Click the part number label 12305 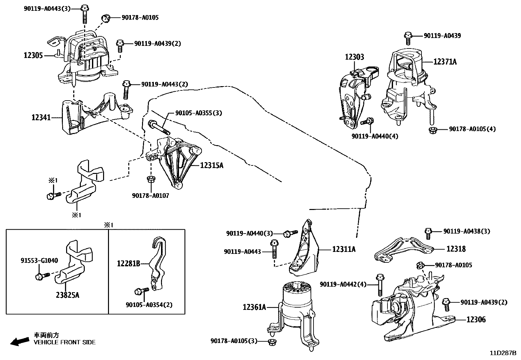pyautogui.click(x=33, y=55)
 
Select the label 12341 pyautogui.click(x=41, y=117)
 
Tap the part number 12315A pyautogui.click(x=212, y=165)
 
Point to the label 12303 pyautogui.click(x=354, y=57)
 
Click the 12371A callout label pyautogui.click(x=445, y=62)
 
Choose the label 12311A pyautogui.click(x=344, y=249)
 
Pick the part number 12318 pyautogui.click(x=456, y=249)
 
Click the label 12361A pyautogui.click(x=254, y=307)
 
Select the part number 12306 pyautogui.click(x=476, y=319)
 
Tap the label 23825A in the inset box pyautogui.click(x=67, y=295)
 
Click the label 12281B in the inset pyautogui.click(x=128, y=263)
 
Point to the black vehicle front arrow pyautogui.click(x=20, y=341)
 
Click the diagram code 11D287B pyautogui.click(x=503, y=353)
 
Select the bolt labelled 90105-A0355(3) pyautogui.click(x=159, y=127)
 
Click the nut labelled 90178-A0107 pyautogui.click(x=150, y=179)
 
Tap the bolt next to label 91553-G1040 pyautogui.click(x=43, y=276)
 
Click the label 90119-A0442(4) pyautogui.click(x=343, y=284)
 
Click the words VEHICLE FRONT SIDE pyautogui.click(x=65, y=342)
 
